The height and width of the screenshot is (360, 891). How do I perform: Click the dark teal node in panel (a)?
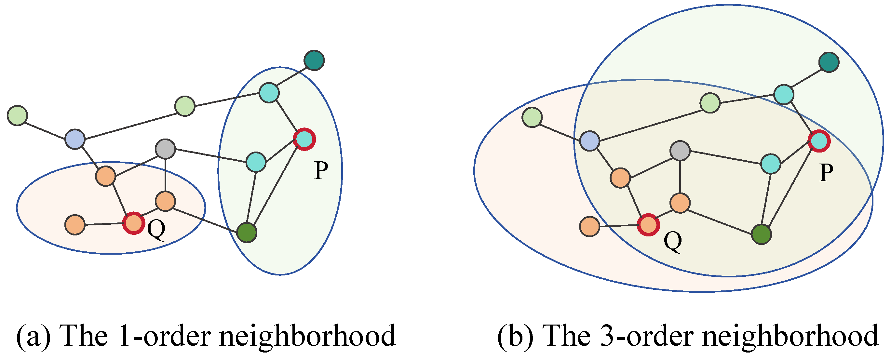point(314,60)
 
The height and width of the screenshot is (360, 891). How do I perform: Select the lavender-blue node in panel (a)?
point(75,139)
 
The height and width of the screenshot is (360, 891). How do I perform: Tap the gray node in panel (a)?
point(165,149)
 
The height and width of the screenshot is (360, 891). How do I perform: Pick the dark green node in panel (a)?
point(247,233)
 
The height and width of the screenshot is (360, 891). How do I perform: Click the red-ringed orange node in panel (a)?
point(133,223)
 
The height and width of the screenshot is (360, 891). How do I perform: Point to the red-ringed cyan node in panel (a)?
point(304,139)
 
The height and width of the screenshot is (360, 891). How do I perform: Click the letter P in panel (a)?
point(321,170)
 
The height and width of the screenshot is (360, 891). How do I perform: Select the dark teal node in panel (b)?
point(829,62)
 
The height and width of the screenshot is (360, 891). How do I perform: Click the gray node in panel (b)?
point(680,151)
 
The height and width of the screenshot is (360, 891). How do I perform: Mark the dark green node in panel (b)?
point(761,234)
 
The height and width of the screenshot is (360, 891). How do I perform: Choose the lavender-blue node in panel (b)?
point(590,141)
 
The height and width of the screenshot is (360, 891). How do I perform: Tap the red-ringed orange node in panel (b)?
point(648,225)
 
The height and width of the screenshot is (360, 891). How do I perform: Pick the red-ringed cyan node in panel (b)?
point(819,141)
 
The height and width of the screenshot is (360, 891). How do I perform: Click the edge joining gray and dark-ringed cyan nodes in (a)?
point(211,155)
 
